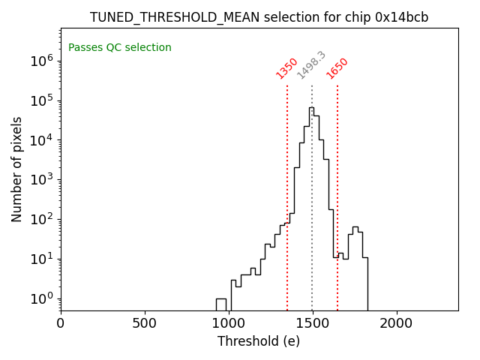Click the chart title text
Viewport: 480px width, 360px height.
[259, 17]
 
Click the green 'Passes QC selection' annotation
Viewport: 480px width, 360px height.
[120, 48]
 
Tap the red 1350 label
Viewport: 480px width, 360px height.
[287, 68]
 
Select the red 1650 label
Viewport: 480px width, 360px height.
[337, 68]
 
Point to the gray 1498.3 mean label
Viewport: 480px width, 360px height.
[311, 65]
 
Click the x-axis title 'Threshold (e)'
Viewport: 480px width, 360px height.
[259, 341]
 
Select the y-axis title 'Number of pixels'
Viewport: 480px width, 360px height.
[17, 169]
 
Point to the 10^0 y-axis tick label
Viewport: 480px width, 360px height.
[40, 298]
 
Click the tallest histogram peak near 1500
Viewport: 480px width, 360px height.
[311, 108]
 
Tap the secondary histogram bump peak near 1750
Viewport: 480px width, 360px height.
[355, 227]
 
